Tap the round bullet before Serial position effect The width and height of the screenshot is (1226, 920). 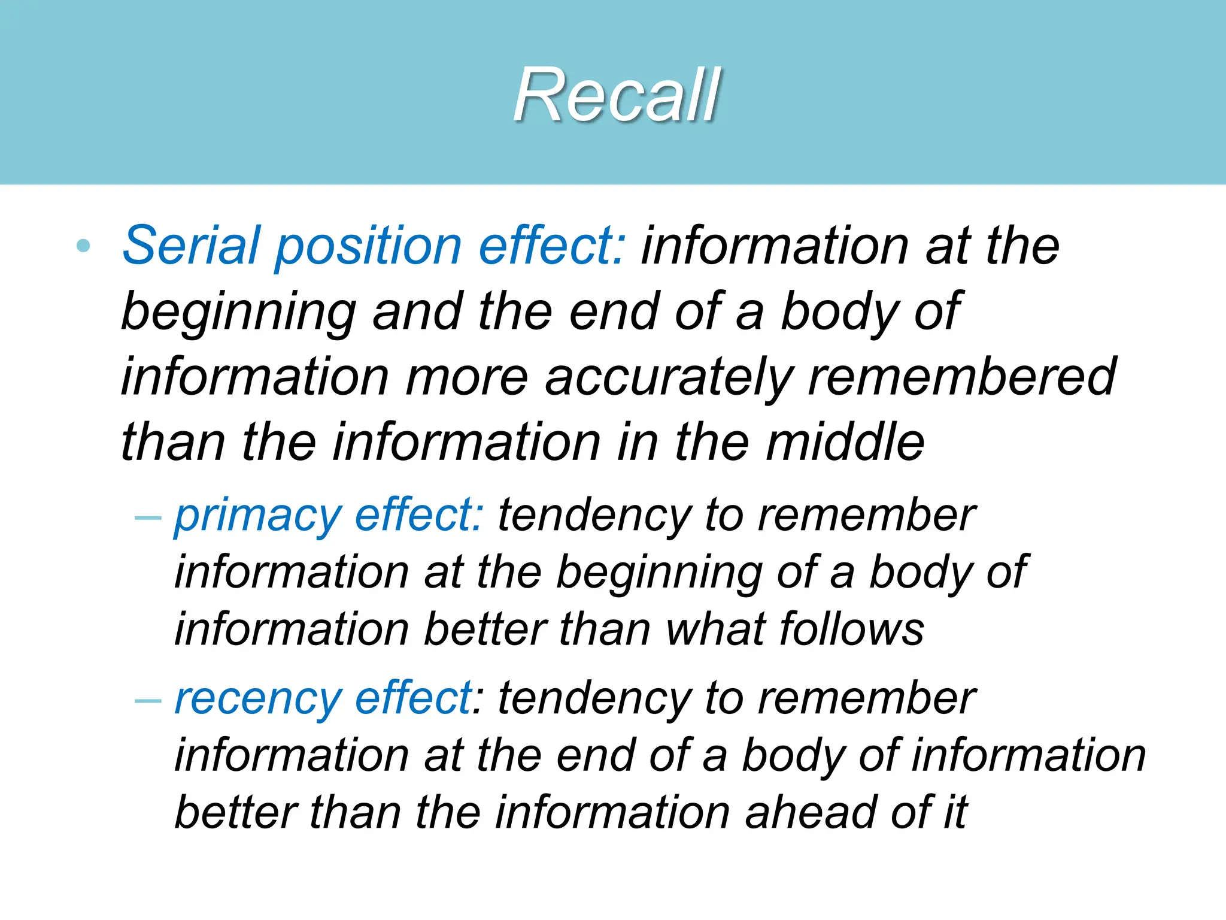84,246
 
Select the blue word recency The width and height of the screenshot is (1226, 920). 257,700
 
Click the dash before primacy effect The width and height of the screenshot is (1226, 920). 148,516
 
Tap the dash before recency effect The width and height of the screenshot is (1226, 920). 148,700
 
